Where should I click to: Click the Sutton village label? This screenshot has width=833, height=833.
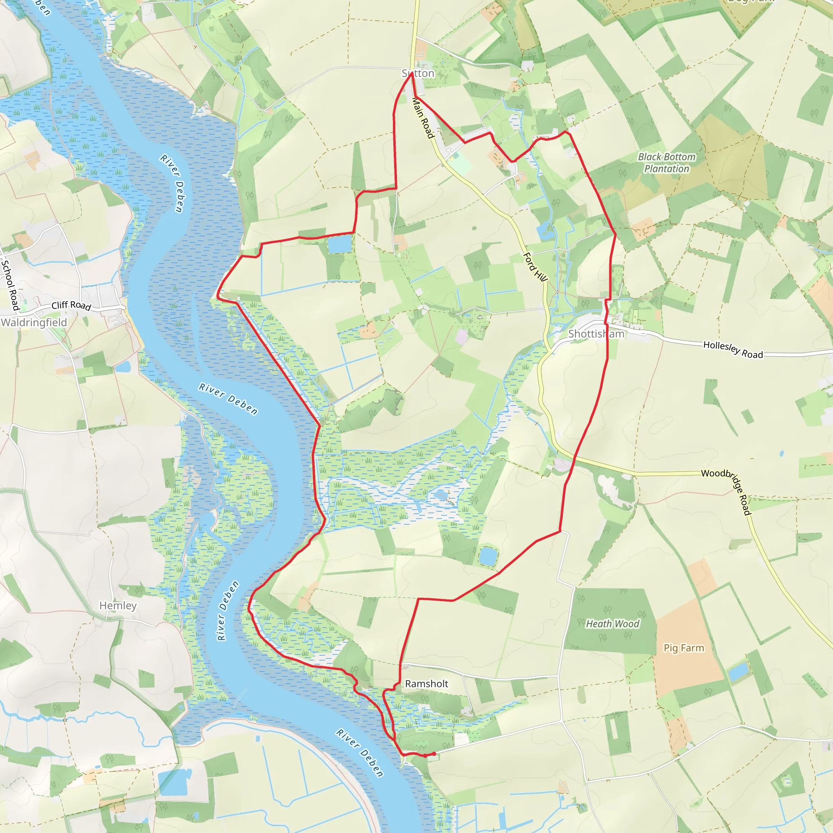pos(418,73)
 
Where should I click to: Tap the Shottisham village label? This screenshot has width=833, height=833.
pos(596,334)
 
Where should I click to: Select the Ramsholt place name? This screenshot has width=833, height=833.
pos(426,683)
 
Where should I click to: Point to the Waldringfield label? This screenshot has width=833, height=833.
pos(34,323)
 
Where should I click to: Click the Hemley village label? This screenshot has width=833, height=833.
pos(118,605)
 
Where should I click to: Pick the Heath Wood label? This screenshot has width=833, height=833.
pos(612,624)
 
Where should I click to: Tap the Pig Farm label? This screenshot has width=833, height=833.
pos(683,648)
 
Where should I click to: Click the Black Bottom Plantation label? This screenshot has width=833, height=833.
pos(667,163)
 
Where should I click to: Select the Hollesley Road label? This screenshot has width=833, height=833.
pos(733,350)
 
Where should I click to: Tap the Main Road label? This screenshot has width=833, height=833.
pos(423,118)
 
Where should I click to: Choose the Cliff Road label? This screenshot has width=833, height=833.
pos(71,306)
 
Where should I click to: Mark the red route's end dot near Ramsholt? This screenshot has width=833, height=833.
pos(434,754)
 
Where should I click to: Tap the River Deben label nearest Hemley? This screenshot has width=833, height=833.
pos(227,611)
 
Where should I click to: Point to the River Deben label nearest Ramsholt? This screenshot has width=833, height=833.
pos(360,753)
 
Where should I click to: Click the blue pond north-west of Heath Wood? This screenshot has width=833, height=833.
pos(488,556)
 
